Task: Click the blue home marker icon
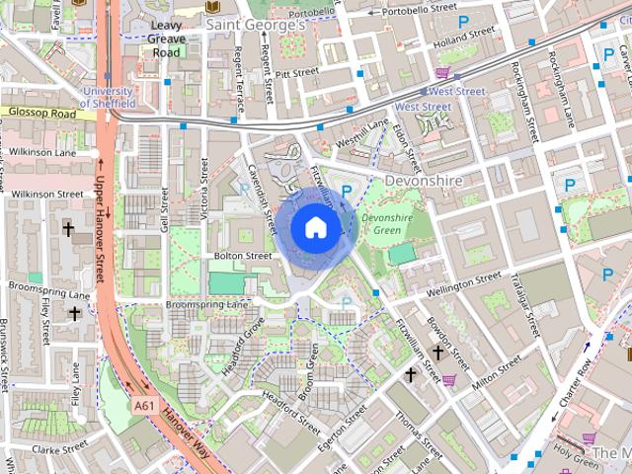(315, 227)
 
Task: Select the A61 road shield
(144, 405)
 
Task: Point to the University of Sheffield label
(111, 97)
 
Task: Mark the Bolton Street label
(242, 256)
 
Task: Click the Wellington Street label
(464, 284)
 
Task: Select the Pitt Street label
(295, 72)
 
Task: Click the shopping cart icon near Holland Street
(442, 71)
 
